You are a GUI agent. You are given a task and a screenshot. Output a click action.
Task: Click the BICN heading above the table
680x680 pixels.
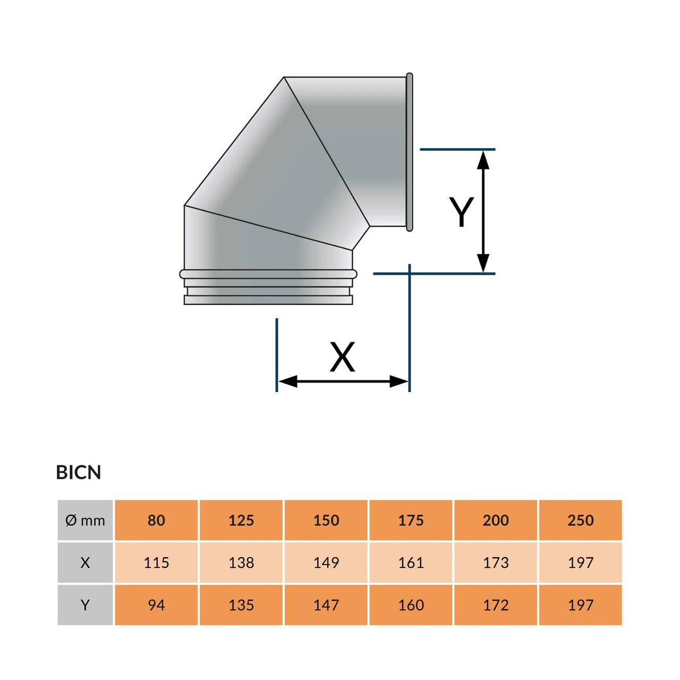[x=79, y=472]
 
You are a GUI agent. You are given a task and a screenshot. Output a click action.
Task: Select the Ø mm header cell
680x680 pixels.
[x=85, y=520]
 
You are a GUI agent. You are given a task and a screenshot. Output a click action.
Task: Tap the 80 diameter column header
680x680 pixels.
[x=156, y=520]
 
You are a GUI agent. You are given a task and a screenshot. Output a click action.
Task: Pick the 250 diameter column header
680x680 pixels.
[x=580, y=520]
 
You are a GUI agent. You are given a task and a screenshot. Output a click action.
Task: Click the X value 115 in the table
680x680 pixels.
[x=156, y=563]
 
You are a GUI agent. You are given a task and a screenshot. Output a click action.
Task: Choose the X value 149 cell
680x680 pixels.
[x=326, y=563]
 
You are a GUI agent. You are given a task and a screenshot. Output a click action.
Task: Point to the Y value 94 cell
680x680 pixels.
[x=156, y=605]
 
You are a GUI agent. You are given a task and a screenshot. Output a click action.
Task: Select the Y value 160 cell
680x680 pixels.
[x=411, y=605]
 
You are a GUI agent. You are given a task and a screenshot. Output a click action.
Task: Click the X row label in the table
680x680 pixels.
[x=85, y=563]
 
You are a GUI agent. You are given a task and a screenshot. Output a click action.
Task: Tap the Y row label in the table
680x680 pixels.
[x=85, y=605]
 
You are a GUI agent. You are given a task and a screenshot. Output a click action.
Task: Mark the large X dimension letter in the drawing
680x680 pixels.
[x=342, y=357]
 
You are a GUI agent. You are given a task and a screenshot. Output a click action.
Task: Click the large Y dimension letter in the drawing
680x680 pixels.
[x=461, y=211]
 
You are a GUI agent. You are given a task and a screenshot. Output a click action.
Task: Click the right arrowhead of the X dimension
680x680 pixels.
[x=399, y=381]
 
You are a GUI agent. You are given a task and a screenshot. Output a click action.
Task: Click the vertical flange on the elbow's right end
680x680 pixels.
[x=410, y=152]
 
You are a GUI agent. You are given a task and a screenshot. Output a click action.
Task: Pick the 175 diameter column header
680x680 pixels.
[x=411, y=520]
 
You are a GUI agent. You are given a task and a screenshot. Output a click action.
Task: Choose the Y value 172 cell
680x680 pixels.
[x=496, y=605]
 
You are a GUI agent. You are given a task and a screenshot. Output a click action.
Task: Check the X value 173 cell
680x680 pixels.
[x=496, y=563]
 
